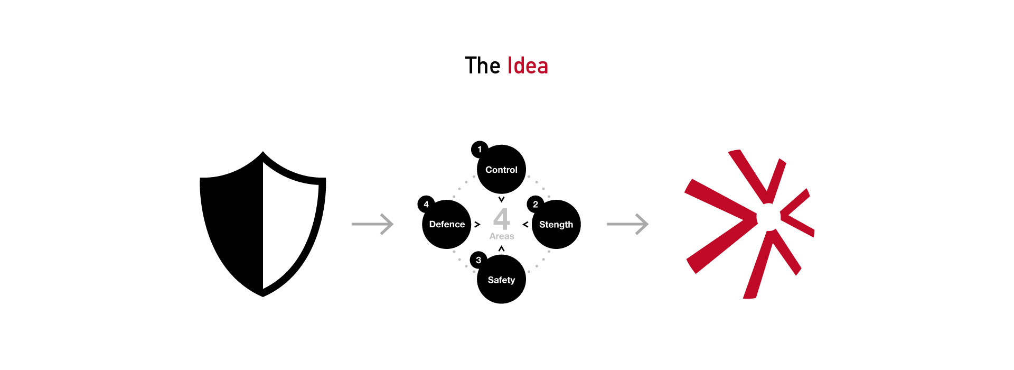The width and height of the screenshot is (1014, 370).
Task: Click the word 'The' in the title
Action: pyautogui.click(x=482, y=66)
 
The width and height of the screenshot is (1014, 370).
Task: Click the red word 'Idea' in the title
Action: pyautogui.click(x=528, y=66)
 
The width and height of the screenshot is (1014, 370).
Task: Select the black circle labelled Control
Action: pyautogui.click(x=502, y=170)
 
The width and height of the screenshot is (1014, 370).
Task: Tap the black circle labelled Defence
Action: pyautogui.click(x=447, y=225)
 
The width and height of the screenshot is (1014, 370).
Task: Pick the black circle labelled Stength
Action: pyautogui.click(x=556, y=225)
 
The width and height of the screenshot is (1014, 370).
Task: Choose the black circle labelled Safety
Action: pyautogui.click(x=501, y=280)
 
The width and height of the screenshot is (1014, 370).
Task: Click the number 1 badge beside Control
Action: pyautogui.click(x=480, y=150)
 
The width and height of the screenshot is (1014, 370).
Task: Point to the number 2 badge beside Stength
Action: pyautogui.click(x=535, y=205)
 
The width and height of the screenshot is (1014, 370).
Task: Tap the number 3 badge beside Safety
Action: pyautogui.click(x=478, y=260)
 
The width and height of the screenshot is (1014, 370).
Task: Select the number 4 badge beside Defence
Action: pyautogui.click(x=426, y=205)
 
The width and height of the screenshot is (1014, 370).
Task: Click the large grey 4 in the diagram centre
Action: pyautogui.click(x=501, y=218)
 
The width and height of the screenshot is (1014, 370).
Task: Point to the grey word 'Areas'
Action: pyautogui.click(x=502, y=236)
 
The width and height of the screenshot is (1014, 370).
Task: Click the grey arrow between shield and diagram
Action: pyautogui.click(x=373, y=224)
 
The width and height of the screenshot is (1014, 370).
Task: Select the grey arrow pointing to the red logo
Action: pyautogui.click(x=627, y=224)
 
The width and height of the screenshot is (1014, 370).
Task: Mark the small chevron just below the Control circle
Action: pyautogui.click(x=502, y=199)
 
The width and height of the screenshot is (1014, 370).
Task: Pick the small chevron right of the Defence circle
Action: pyautogui.click(x=477, y=225)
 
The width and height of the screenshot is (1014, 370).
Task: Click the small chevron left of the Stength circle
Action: pyautogui.click(x=525, y=225)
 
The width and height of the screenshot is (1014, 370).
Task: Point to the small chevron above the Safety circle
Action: pyautogui.click(x=502, y=248)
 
